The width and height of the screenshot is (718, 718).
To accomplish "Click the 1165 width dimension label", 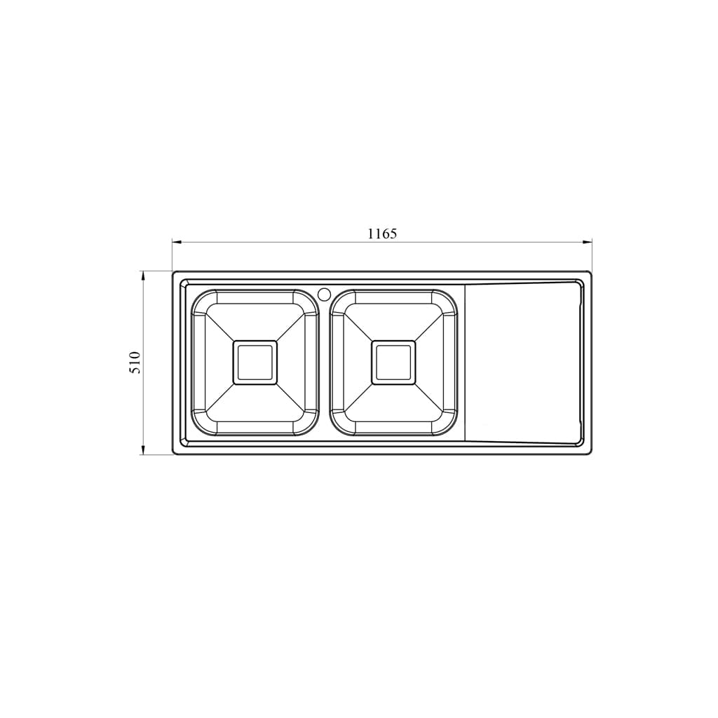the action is pyautogui.click(x=382, y=233).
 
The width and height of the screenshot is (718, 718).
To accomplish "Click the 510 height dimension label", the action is pyautogui.click(x=136, y=363).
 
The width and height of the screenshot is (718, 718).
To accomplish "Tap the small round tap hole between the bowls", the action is pyautogui.click(x=324, y=294).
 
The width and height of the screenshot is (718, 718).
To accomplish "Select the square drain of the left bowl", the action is pyautogui.click(x=255, y=363).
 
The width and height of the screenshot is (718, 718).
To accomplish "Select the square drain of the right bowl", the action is pyautogui.click(x=393, y=363).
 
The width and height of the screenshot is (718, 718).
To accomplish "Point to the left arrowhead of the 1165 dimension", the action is pyautogui.click(x=177, y=242).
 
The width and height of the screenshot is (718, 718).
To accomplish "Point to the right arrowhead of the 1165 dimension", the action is pyautogui.click(x=587, y=242).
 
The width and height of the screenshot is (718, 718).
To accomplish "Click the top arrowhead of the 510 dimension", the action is pyautogui.click(x=143, y=276).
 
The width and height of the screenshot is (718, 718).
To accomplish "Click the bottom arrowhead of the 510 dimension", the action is pyautogui.click(x=143, y=449).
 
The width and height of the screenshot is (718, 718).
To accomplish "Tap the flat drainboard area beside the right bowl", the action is pyautogui.click(x=522, y=363).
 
